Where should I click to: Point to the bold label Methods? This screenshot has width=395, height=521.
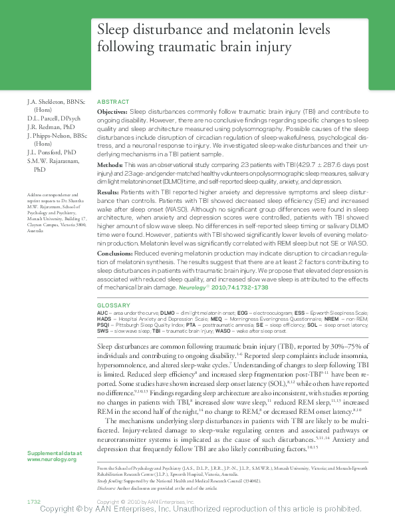[110, 164]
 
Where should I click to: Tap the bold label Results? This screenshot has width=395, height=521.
[109, 192]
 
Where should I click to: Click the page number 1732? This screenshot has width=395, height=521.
[34, 500]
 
